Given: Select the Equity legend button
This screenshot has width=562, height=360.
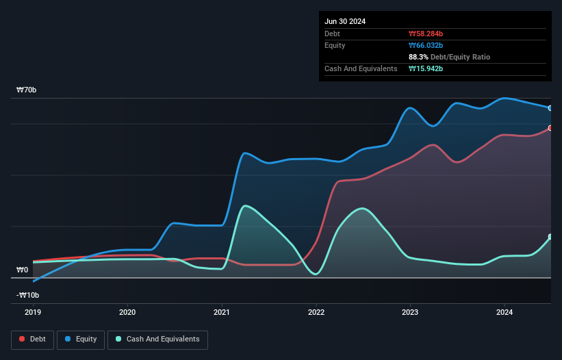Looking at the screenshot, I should coord(81,339).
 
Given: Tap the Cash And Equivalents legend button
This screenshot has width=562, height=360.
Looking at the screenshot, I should coord(157,339).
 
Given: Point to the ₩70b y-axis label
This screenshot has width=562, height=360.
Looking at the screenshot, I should coord(27,90).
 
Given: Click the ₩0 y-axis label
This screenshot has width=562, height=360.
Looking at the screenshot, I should coord(22,270).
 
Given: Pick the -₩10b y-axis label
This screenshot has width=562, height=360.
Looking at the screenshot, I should coord(27,296).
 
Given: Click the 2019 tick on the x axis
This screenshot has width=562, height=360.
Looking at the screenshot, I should coord(33,312).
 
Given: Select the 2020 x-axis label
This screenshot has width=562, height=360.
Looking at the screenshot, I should coord(127,312).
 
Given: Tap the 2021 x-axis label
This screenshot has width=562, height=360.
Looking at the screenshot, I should coord(222,312).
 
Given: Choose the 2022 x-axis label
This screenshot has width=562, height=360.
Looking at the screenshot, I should coord(316,312).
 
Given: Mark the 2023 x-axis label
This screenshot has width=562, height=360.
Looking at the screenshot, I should coord(410,312).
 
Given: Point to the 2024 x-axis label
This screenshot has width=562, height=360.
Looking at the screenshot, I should coord(504,312).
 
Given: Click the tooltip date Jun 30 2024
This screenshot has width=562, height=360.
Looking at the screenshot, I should coord(345,21).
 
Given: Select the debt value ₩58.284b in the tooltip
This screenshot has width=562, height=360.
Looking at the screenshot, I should coord(426,34).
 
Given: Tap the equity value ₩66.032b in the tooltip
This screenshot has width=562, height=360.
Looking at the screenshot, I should coord(426,45).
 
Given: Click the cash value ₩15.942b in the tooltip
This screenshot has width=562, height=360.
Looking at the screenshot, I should coord(426,68).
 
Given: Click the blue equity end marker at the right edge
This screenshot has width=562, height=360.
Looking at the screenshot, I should coord(550,108).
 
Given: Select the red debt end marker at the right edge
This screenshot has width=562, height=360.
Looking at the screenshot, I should coord(550,128).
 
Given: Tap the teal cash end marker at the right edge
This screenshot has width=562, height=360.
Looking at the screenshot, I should coord(550,237).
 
